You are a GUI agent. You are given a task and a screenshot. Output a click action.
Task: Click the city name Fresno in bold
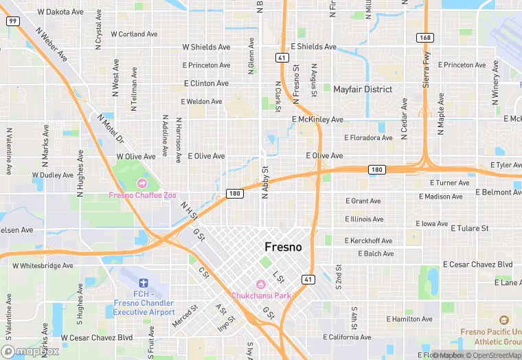283,247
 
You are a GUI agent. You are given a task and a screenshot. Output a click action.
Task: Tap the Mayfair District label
363,89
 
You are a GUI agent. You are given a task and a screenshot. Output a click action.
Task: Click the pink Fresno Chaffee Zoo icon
142,183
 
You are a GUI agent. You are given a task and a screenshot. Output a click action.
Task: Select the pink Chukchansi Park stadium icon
261,284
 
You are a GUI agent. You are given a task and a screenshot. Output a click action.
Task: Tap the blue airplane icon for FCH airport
143,283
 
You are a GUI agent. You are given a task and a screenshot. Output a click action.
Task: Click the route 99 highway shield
13,21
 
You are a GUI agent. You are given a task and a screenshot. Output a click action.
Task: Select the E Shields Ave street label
313,47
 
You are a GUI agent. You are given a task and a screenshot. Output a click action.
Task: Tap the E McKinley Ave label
317,120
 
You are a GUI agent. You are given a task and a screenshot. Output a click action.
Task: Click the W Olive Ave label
136,157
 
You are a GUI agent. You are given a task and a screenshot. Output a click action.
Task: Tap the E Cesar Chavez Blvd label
478,265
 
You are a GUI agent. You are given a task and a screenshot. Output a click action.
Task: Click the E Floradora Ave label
368,137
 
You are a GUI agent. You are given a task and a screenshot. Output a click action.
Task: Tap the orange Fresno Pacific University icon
504,321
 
